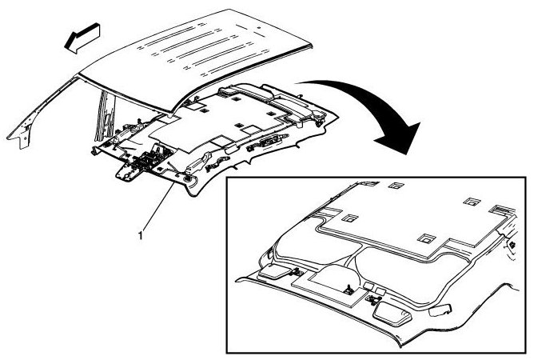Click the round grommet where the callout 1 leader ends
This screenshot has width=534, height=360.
click(189, 182)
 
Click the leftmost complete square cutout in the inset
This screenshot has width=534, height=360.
click(349, 216)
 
